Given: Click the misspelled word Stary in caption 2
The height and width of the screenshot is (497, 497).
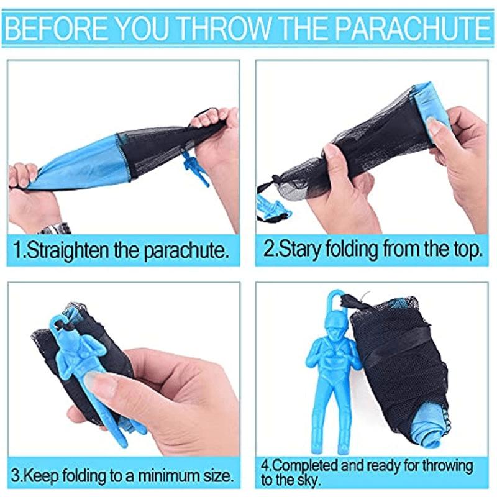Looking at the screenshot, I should click(296, 250).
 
